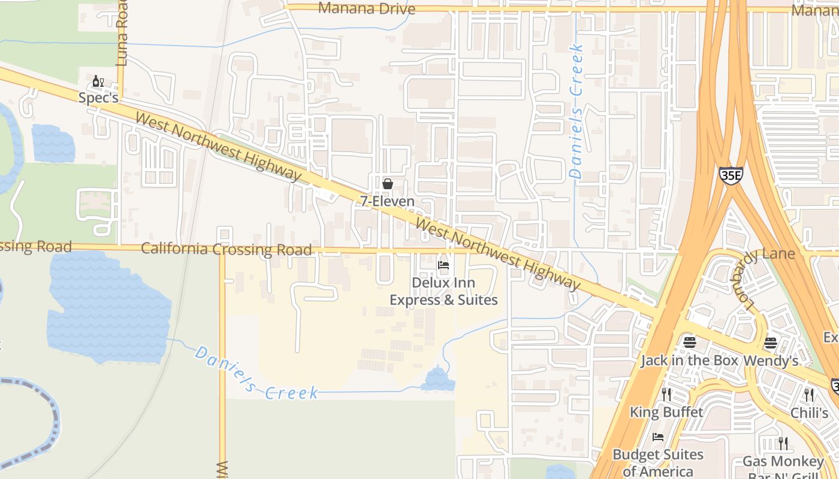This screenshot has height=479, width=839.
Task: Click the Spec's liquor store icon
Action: (x=98, y=81)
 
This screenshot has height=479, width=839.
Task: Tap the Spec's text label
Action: (x=98, y=98)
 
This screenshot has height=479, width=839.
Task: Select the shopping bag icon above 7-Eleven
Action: (x=388, y=184)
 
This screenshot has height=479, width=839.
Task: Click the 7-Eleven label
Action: (x=387, y=201)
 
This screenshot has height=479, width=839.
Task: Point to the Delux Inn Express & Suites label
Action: (x=443, y=291)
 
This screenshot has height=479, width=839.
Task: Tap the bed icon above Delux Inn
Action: (x=443, y=265)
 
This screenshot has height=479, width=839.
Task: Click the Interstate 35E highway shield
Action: (x=731, y=175)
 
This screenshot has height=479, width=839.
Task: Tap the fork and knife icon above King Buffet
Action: (x=666, y=395)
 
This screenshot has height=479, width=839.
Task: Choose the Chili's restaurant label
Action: (x=809, y=413)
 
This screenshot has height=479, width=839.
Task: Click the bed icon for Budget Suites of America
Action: (x=658, y=438)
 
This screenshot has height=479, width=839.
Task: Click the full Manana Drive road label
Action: (x=367, y=8)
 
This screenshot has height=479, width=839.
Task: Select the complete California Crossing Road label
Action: (x=227, y=249)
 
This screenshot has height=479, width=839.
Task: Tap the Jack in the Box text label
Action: (x=689, y=361)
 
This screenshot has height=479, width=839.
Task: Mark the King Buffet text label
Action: (x=666, y=412)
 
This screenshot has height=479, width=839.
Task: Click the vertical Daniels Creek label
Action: (x=577, y=111)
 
